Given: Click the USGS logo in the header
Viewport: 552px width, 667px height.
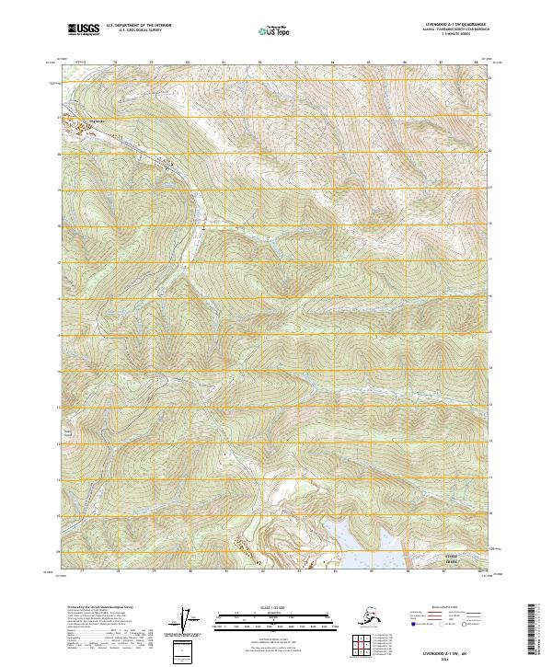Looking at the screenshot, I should click(84, 30).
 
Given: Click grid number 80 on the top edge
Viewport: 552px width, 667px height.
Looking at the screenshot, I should click(188, 63).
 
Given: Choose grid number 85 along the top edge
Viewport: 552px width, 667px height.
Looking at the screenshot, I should click(368, 63).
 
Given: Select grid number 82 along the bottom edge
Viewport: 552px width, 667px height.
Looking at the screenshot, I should click(260, 572).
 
